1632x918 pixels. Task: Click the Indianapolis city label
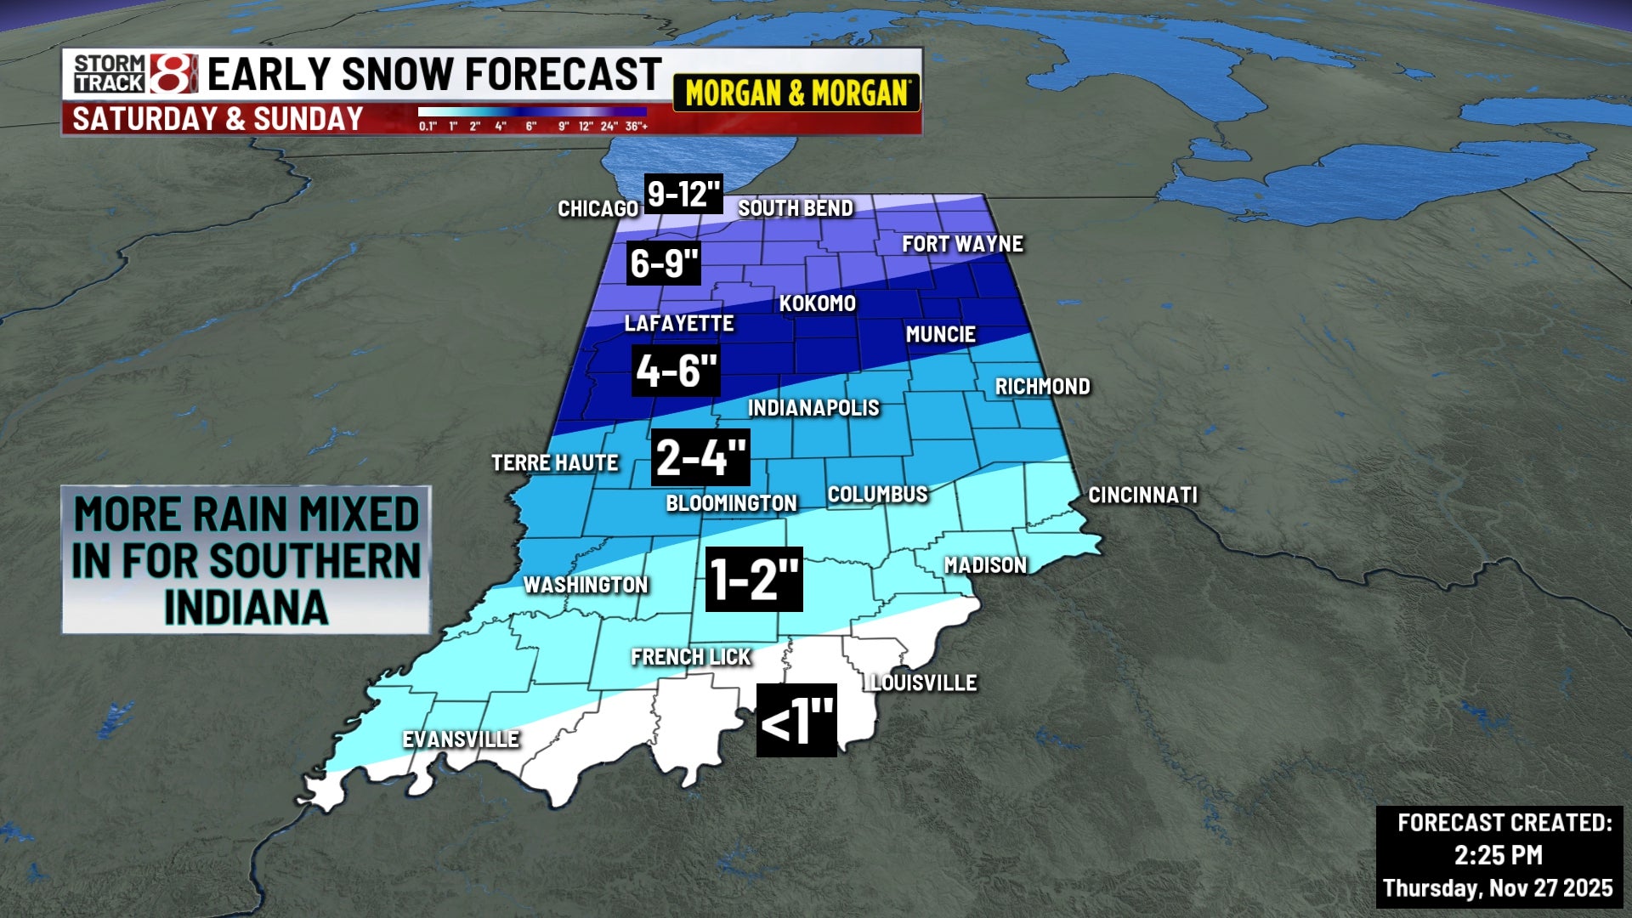pos(813,408)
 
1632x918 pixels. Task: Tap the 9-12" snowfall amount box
pos(683,194)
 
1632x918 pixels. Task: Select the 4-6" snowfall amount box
pos(676,371)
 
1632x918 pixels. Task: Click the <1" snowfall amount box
pos(796,721)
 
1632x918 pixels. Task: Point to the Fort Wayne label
pos(962,244)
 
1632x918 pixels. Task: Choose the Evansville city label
pos(461,739)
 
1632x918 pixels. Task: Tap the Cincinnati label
pos(1142,495)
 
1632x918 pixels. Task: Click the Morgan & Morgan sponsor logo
pos(796,93)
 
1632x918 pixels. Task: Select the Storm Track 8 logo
pos(134,74)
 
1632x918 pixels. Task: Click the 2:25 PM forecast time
pos(1498,855)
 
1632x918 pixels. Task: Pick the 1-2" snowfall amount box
pos(754,580)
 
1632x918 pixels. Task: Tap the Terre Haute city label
pos(555,463)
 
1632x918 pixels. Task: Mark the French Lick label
pos(691,657)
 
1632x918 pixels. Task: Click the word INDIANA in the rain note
pos(246,608)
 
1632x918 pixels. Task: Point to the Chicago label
pos(598,209)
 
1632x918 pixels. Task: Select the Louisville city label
pos(924,683)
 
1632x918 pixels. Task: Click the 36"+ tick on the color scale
pos(637,127)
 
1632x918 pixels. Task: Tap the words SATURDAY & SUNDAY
pos(218,119)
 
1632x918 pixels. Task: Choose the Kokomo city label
pos(817,303)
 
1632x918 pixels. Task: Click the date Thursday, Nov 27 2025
pos(1498,888)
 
